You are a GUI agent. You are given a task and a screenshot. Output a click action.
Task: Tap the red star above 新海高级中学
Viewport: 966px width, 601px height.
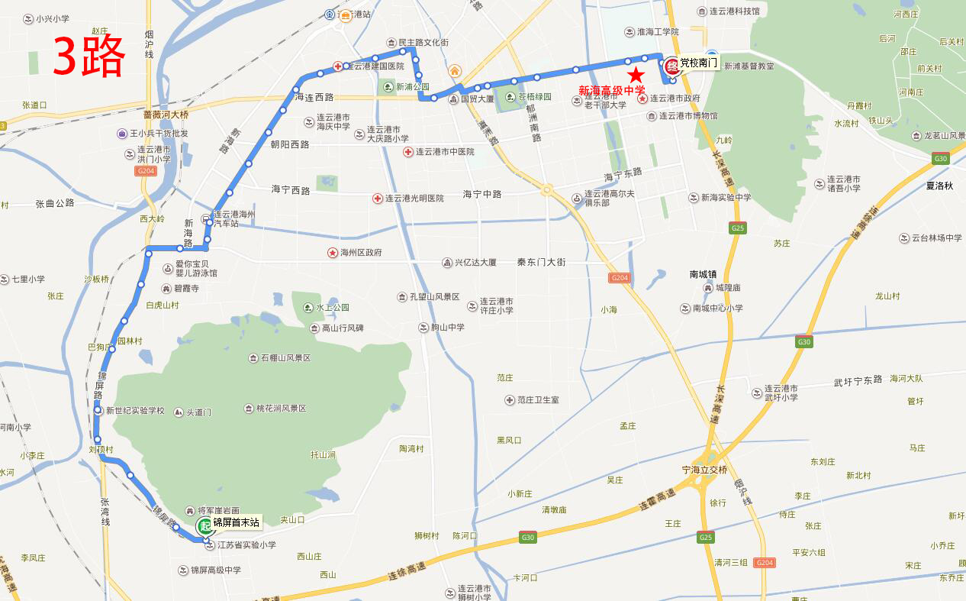tap(636, 75)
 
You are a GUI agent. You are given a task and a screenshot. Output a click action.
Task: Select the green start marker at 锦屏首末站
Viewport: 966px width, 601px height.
tap(204, 525)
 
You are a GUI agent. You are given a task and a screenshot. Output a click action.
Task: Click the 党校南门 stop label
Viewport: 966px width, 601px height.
tap(699, 63)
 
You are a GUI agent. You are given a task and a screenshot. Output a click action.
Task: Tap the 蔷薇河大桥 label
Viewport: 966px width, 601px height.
tap(166, 115)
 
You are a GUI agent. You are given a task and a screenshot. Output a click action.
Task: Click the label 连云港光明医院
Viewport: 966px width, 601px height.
tap(414, 198)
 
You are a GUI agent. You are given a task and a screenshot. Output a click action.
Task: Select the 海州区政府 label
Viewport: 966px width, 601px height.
tap(361, 253)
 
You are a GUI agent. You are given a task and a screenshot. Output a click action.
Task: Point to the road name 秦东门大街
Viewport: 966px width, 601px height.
tap(541, 262)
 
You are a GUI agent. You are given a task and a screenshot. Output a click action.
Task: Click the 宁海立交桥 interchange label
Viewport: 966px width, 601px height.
tap(705, 470)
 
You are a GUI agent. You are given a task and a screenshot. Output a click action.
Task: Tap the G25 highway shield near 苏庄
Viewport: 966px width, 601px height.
tap(737, 228)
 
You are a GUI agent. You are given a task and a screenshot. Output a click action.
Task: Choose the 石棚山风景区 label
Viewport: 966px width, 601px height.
tap(285, 358)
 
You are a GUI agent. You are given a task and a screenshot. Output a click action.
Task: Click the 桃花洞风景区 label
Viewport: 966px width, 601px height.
tap(281, 409)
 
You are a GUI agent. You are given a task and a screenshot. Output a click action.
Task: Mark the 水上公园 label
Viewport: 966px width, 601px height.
tap(332, 308)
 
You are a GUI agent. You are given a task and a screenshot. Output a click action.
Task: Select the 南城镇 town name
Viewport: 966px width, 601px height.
tap(703, 274)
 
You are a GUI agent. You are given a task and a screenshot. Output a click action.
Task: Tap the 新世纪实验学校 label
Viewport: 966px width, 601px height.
tap(135, 411)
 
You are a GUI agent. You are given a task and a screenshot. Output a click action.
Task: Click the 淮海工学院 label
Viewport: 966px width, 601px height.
tap(652, 31)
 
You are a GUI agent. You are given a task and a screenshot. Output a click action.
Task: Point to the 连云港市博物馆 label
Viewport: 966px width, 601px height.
tap(687, 116)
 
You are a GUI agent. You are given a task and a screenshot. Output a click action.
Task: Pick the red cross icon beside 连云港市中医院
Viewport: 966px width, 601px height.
tap(409, 152)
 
